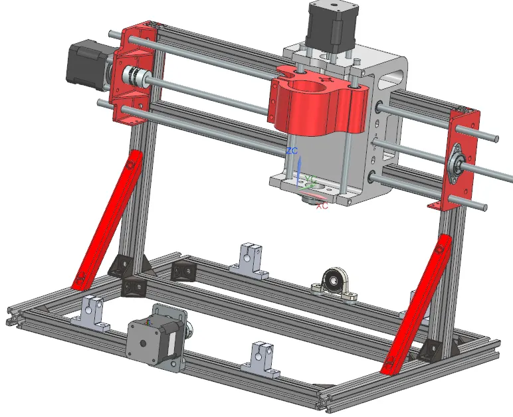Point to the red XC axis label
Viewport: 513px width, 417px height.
(322, 207)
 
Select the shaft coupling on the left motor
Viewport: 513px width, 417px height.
(136, 78)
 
